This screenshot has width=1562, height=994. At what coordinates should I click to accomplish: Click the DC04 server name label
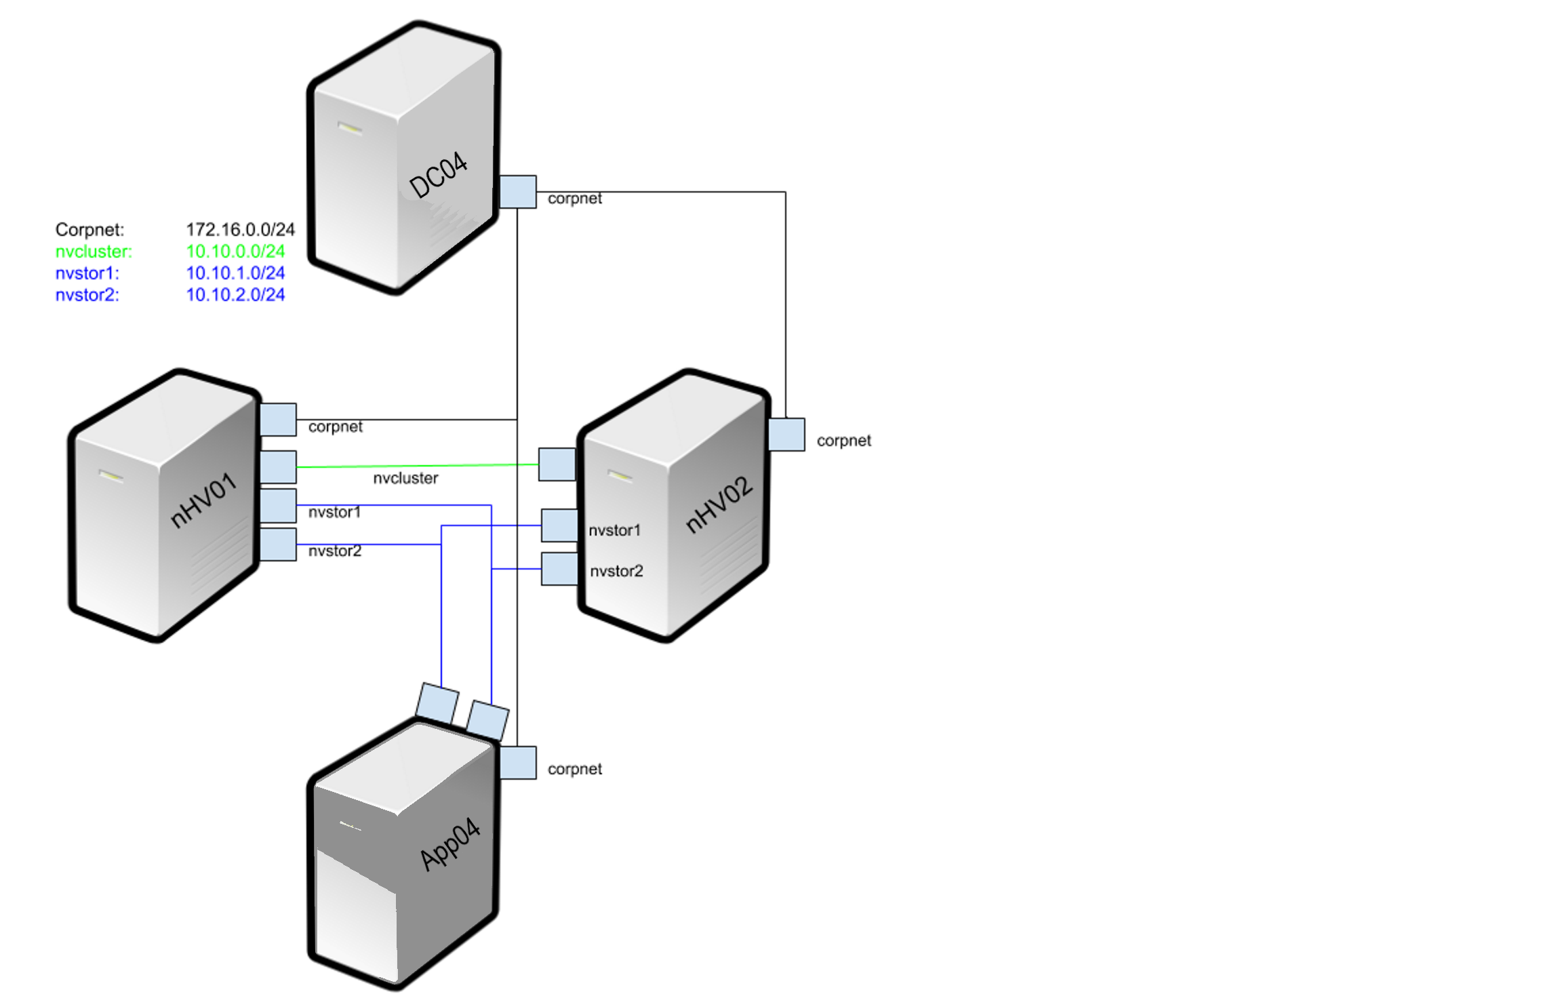(439, 176)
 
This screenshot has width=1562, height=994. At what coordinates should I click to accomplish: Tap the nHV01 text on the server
(203, 500)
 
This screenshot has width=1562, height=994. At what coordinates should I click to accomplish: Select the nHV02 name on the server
(719, 505)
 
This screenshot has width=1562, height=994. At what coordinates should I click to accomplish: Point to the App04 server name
(450, 845)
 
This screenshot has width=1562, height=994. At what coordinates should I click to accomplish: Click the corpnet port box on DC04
(518, 192)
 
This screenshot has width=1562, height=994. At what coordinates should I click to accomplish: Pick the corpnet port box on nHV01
(278, 420)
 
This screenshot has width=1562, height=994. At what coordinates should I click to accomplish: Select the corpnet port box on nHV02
(786, 434)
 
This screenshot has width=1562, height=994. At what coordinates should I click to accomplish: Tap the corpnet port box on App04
(518, 763)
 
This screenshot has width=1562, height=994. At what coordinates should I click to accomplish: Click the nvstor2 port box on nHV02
(559, 569)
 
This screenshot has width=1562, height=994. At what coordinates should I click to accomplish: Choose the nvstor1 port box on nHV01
(278, 505)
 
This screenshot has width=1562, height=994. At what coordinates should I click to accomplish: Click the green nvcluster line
(417, 466)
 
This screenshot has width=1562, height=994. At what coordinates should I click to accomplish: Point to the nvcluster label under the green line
(405, 479)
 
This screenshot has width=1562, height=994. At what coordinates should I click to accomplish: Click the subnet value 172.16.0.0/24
(240, 230)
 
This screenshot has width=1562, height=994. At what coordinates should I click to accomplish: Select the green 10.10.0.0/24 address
(235, 252)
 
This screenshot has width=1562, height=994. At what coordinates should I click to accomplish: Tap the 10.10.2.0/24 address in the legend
(235, 295)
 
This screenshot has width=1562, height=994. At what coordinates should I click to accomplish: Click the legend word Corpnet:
(89, 230)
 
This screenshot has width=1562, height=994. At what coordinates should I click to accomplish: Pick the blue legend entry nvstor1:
(87, 273)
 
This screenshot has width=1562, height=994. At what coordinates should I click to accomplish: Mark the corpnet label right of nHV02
(843, 441)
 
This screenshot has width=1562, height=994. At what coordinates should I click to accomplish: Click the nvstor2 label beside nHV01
(335, 551)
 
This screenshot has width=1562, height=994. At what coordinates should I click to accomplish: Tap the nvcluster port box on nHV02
(557, 464)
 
